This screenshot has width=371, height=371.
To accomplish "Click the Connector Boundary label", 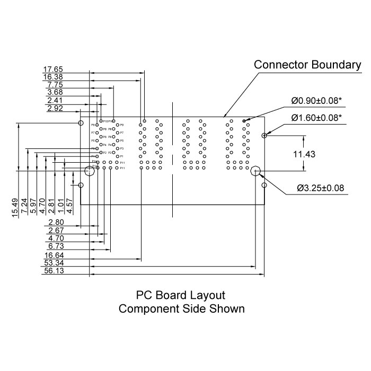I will click(307, 65).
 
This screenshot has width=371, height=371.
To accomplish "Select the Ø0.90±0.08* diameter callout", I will click(316, 100).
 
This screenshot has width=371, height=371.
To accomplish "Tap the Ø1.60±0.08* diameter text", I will click(316, 117).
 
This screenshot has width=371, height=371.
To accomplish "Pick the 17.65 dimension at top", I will click(53, 69).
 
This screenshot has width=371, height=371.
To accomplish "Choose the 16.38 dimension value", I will click(53, 77).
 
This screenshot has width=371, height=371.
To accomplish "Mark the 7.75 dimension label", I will click(55, 85).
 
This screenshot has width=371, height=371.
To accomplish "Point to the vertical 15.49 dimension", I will click(15, 207).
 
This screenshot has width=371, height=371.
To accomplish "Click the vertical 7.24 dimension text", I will click(24, 207).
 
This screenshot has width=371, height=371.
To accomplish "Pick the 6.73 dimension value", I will click(56, 246).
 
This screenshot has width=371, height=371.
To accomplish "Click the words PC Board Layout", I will click(181, 295).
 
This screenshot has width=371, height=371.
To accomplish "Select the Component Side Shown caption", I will click(182, 308).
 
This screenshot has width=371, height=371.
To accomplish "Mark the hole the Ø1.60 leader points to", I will click(264, 135).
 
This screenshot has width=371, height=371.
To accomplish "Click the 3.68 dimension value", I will click(55, 93).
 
